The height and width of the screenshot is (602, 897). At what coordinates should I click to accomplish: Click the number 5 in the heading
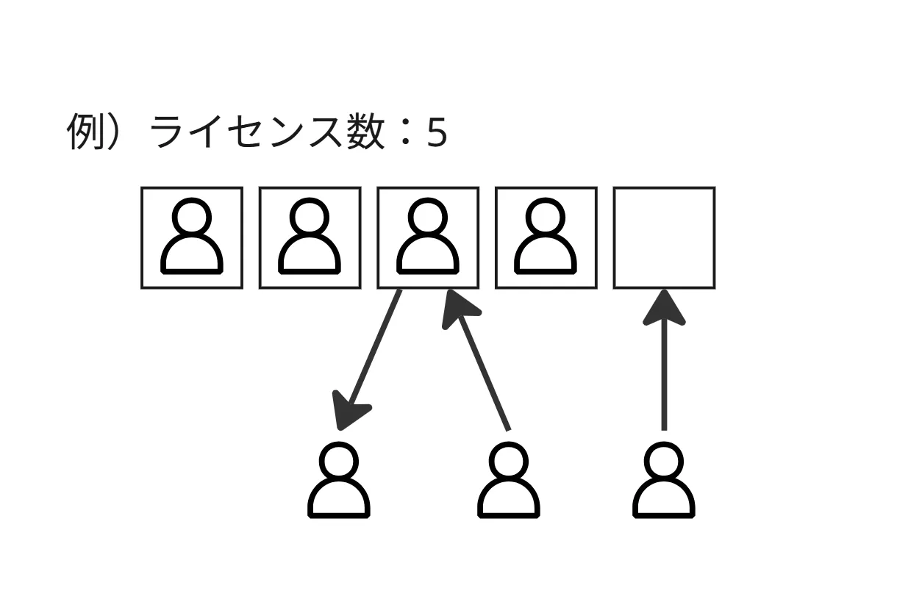pos(437,135)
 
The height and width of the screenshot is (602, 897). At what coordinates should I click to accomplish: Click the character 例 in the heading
pos(83,133)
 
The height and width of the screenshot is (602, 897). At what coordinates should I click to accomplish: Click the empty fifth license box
pos(664,237)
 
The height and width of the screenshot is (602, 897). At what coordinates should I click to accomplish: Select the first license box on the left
pos(192,237)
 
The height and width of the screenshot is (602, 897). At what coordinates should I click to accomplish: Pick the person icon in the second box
pos(310,237)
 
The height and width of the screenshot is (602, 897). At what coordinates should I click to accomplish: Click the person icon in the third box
pos(428,237)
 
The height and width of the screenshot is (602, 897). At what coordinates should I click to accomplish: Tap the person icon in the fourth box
pos(546,237)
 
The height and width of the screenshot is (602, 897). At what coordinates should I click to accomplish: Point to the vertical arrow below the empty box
pos(664,368)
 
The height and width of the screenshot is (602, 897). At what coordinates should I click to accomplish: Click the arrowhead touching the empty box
pos(664,307)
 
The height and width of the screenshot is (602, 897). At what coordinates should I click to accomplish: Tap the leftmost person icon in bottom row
pos(338,481)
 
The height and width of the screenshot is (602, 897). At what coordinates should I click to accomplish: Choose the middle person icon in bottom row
pos(508,481)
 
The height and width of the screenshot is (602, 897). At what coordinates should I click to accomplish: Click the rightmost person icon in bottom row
pos(664,481)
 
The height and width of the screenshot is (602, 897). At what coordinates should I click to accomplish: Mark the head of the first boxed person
pos(192,217)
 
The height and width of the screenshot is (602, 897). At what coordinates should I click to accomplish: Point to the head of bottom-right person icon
pos(664,462)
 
